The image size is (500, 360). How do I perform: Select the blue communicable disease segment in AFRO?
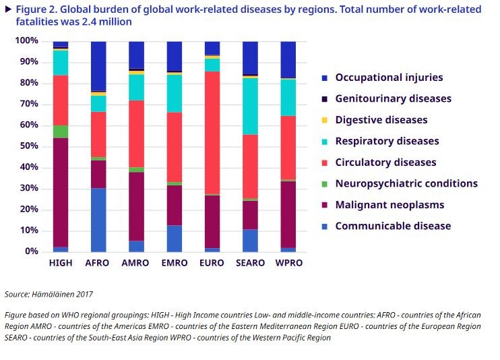coord(98,220)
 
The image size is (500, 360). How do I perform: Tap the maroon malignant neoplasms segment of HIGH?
coord(61,193)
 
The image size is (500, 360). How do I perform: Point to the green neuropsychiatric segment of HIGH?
coord(61,131)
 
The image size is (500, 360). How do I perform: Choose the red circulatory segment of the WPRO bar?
coord(288,148)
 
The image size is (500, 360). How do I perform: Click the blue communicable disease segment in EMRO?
coord(175,238)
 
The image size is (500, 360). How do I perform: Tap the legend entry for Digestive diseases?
coord(381,120)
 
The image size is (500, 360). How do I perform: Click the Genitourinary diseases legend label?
coord(393,98)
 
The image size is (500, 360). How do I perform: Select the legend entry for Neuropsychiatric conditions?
coord(406,183)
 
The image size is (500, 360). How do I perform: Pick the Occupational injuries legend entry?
coord(389,78)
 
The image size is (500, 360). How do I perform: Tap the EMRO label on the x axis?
coord(175,262)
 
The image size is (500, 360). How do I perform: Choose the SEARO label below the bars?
coord(250,262)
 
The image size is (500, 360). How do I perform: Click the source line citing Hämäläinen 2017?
coord(49,294)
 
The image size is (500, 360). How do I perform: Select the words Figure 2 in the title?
coord(37,9)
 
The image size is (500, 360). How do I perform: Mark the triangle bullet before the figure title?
coord(7,8)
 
